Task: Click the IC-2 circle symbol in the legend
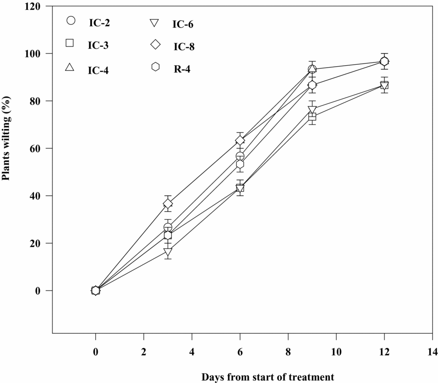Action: pyautogui.click(x=71, y=20)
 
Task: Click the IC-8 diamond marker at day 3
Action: pyautogui.click(x=168, y=204)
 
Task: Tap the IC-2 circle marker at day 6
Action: pyautogui.click(x=240, y=156)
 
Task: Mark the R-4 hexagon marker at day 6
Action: pyautogui.click(x=240, y=164)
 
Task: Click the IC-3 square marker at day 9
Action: pyautogui.click(x=312, y=116)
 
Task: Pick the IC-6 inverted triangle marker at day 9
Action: pyautogui.click(x=312, y=110)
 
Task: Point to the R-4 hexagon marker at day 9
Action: pyautogui.click(x=312, y=85)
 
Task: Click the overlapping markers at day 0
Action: pyautogui.click(x=95, y=291)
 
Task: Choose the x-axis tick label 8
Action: pyautogui.click(x=288, y=352)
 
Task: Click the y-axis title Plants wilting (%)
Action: pyautogui.click(x=7, y=139)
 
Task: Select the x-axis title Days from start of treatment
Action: pyautogui.click(x=268, y=377)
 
